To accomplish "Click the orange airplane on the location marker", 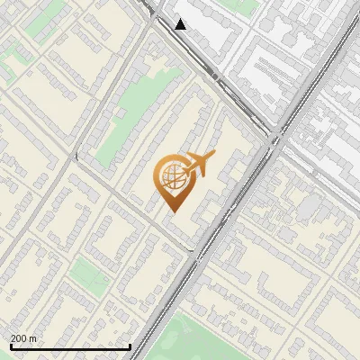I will tap(197, 165).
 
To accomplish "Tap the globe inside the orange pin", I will tap(172, 178).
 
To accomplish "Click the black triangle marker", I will tap(181, 24).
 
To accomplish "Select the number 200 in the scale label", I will tap(20, 338).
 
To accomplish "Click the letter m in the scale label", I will tap(34, 338).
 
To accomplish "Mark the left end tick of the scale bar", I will tap(11, 346).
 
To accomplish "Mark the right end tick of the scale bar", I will tap(130, 346).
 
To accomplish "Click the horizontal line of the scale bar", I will tap(70, 346).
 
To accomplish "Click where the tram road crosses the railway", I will tap(275, 138).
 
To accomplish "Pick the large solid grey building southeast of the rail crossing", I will tap(310, 207).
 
